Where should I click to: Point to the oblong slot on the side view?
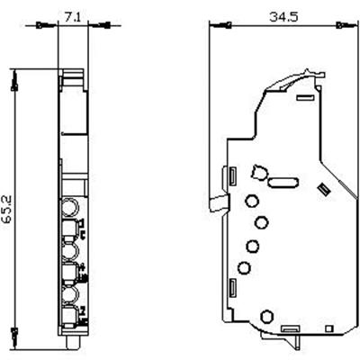(282, 182)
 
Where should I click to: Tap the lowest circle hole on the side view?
(266, 316)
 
